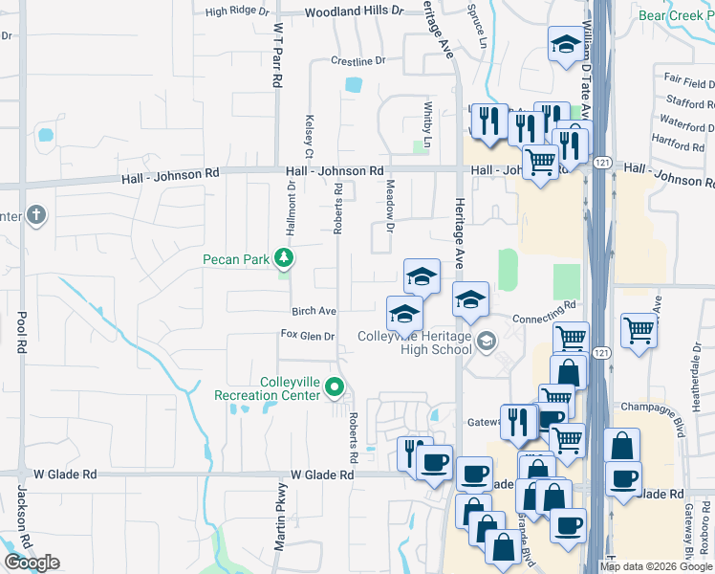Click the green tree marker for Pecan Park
point(283,257)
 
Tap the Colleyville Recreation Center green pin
point(335,387)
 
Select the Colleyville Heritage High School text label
point(414,342)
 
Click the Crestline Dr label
point(357,61)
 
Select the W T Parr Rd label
point(278,56)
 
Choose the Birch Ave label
point(314,312)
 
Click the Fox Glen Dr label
point(307,336)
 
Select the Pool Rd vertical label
point(21,331)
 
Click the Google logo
point(32,563)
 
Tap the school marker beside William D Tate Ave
point(565,43)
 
